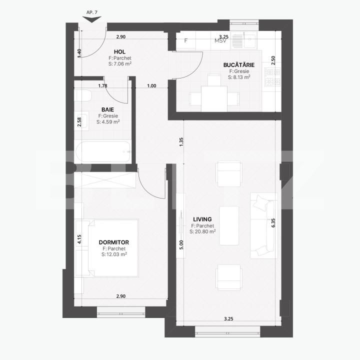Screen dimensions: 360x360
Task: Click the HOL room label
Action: click(x=119, y=52)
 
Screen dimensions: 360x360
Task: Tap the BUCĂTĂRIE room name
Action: click(x=238, y=65)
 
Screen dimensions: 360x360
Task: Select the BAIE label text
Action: click(x=107, y=109)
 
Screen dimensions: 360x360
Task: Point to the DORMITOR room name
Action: click(x=114, y=242)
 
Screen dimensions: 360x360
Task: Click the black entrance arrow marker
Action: click(x=91, y=19)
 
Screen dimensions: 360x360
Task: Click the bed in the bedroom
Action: click(x=112, y=247)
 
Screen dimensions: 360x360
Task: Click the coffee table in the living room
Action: click(x=229, y=226)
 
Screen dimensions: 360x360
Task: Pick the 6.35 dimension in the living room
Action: click(x=273, y=222)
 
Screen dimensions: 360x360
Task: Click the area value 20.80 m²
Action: click(x=202, y=232)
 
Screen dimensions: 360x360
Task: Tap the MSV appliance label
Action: click(x=220, y=41)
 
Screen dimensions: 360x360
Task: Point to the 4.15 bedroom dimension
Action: click(x=79, y=239)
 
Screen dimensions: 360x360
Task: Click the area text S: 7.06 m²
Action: click(x=119, y=64)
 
